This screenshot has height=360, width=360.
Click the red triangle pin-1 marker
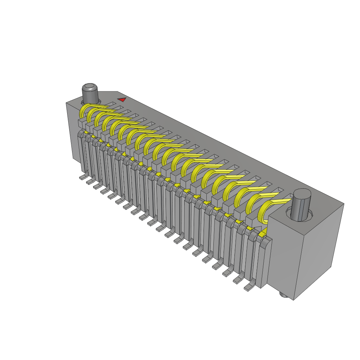pyautogui.click(x=122, y=100)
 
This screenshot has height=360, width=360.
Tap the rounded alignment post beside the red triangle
pyautogui.click(x=90, y=92)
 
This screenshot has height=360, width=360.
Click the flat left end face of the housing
pyautogui.click(x=72, y=130)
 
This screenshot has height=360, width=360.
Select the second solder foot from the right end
pyautogui.click(x=238, y=279)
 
